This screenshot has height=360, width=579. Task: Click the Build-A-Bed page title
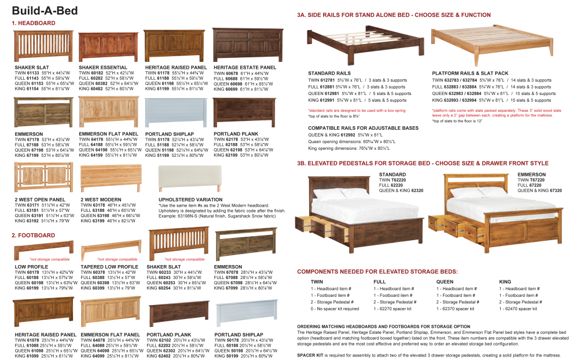click(x=45, y=10)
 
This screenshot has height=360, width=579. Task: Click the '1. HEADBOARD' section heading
click(x=34, y=23)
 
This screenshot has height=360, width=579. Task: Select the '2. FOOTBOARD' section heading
click(x=34, y=236)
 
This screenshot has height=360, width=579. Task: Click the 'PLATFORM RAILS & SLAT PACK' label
click(x=470, y=74)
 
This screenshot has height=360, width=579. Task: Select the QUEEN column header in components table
click(x=445, y=281)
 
